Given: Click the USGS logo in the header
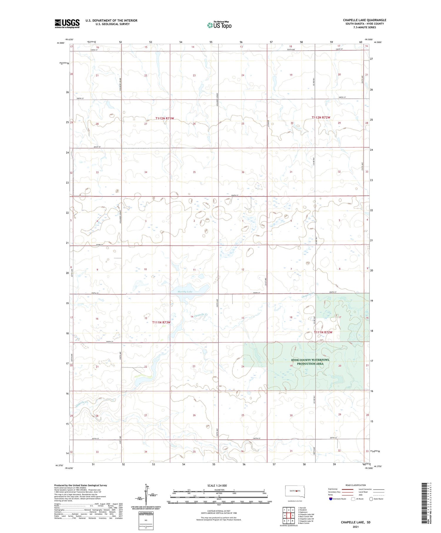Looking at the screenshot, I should point(67,24).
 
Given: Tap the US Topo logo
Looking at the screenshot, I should point(219,25).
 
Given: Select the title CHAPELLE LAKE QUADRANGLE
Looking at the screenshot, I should point(365,20).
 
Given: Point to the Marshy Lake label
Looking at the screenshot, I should point(185,292).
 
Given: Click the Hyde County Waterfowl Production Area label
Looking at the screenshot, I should point(310,362).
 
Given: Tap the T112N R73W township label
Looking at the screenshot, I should point(165,118).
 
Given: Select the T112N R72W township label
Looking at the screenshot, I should point(321,118).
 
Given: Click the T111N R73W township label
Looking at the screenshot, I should point(161,323).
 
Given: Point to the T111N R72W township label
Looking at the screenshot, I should point(323,332).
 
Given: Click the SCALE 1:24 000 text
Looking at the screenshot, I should point(217,485).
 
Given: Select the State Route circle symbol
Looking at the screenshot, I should point(371,499).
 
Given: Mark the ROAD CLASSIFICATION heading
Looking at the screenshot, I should point(356,485).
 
